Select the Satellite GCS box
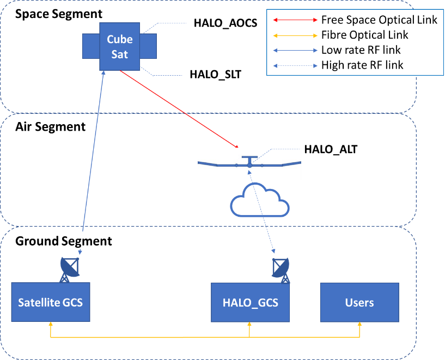coord(50,302)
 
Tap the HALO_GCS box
coord(250,302)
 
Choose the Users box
coord(359,302)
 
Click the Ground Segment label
coord(63,241)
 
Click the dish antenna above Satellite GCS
coord(70,269)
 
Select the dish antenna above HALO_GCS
coord(281,269)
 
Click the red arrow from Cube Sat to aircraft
coord(180,109)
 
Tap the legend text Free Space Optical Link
coord(379,21)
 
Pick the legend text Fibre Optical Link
coord(364,35)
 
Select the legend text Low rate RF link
coord(361,50)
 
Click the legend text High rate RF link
coord(362,65)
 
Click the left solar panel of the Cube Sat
coord(91,46)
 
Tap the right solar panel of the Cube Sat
coord(148,46)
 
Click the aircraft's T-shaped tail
coord(249,160)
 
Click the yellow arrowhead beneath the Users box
coord(359,326)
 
